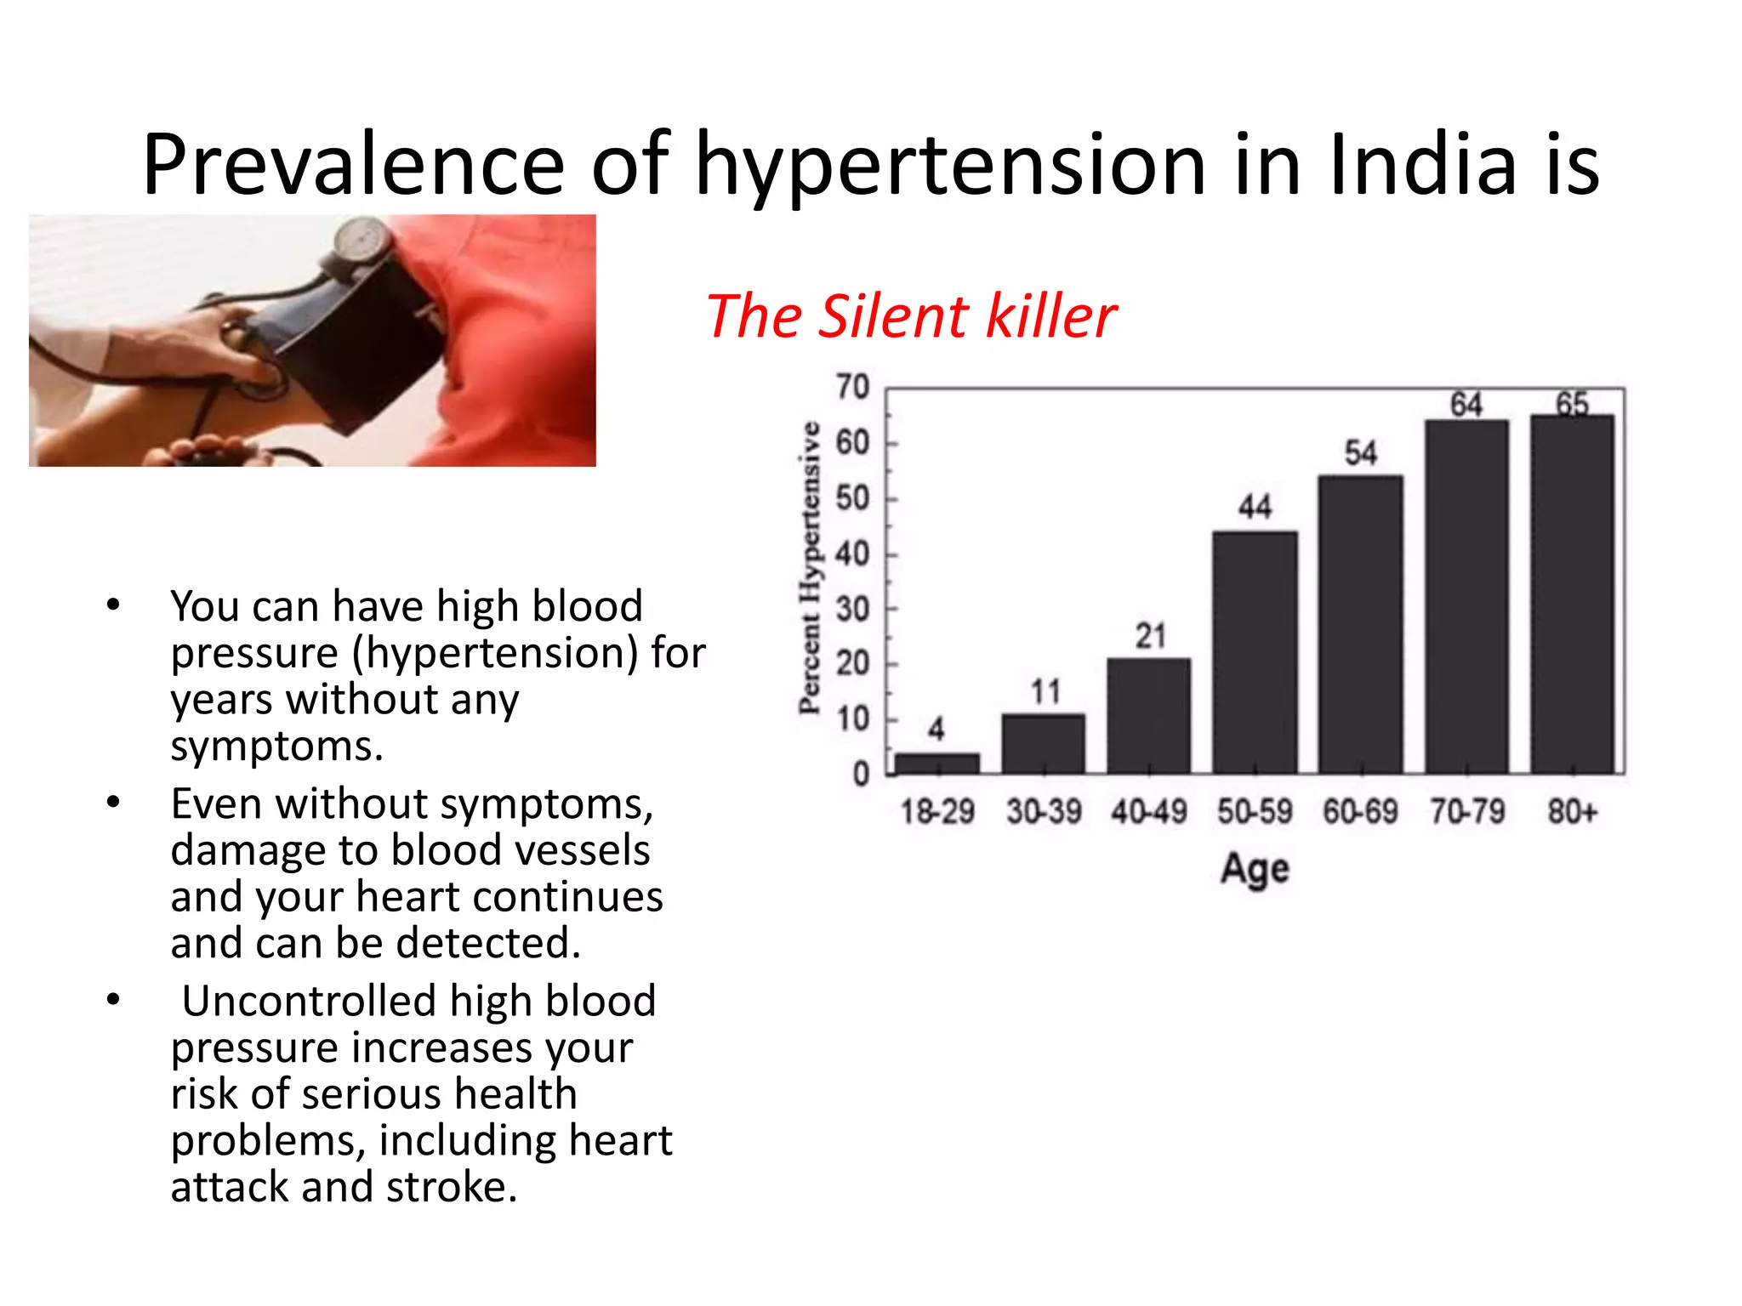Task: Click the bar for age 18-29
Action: click(x=937, y=763)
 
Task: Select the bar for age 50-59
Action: click(x=1255, y=652)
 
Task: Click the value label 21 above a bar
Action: click(x=1150, y=636)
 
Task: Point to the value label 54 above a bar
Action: click(x=1360, y=452)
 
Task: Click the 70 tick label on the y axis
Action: click(x=852, y=388)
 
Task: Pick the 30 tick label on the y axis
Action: click(x=852, y=610)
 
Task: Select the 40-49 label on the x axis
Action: click(x=1148, y=812)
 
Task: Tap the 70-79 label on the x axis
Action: click(x=1466, y=812)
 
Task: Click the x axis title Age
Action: click(x=1255, y=870)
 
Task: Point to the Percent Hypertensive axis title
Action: click(x=810, y=568)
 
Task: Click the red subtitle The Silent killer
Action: click(x=910, y=316)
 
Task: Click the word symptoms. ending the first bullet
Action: click(x=276, y=747)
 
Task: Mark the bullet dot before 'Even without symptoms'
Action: click(x=113, y=803)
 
